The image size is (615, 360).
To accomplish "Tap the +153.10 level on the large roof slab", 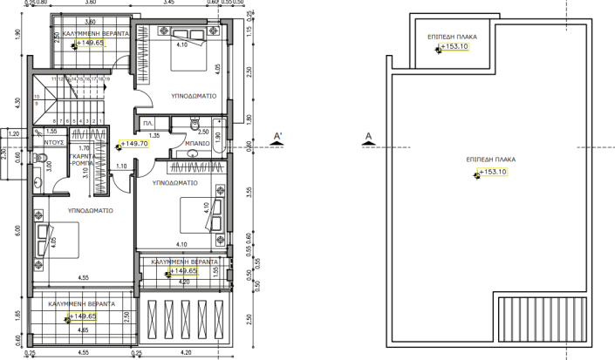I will (x=490, y=173).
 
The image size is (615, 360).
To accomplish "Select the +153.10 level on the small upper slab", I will (x=454, y=47).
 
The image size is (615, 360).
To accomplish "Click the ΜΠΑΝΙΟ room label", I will (x=197, y=143).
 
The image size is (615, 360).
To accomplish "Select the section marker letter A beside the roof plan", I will (x=370, y=136).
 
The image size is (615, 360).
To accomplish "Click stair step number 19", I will (x=106, y=79).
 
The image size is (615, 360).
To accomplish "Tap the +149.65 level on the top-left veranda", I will (x=91, y=42).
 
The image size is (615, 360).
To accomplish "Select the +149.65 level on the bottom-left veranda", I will (x=82, y=316).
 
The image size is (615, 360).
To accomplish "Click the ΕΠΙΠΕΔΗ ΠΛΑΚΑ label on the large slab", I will (x=490, y=160).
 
